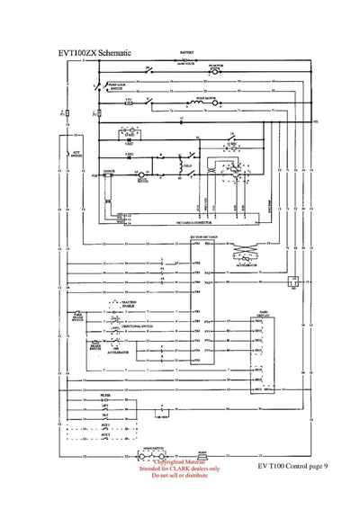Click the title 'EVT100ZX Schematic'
click(94, 53)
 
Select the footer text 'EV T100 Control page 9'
click(292, 467)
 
